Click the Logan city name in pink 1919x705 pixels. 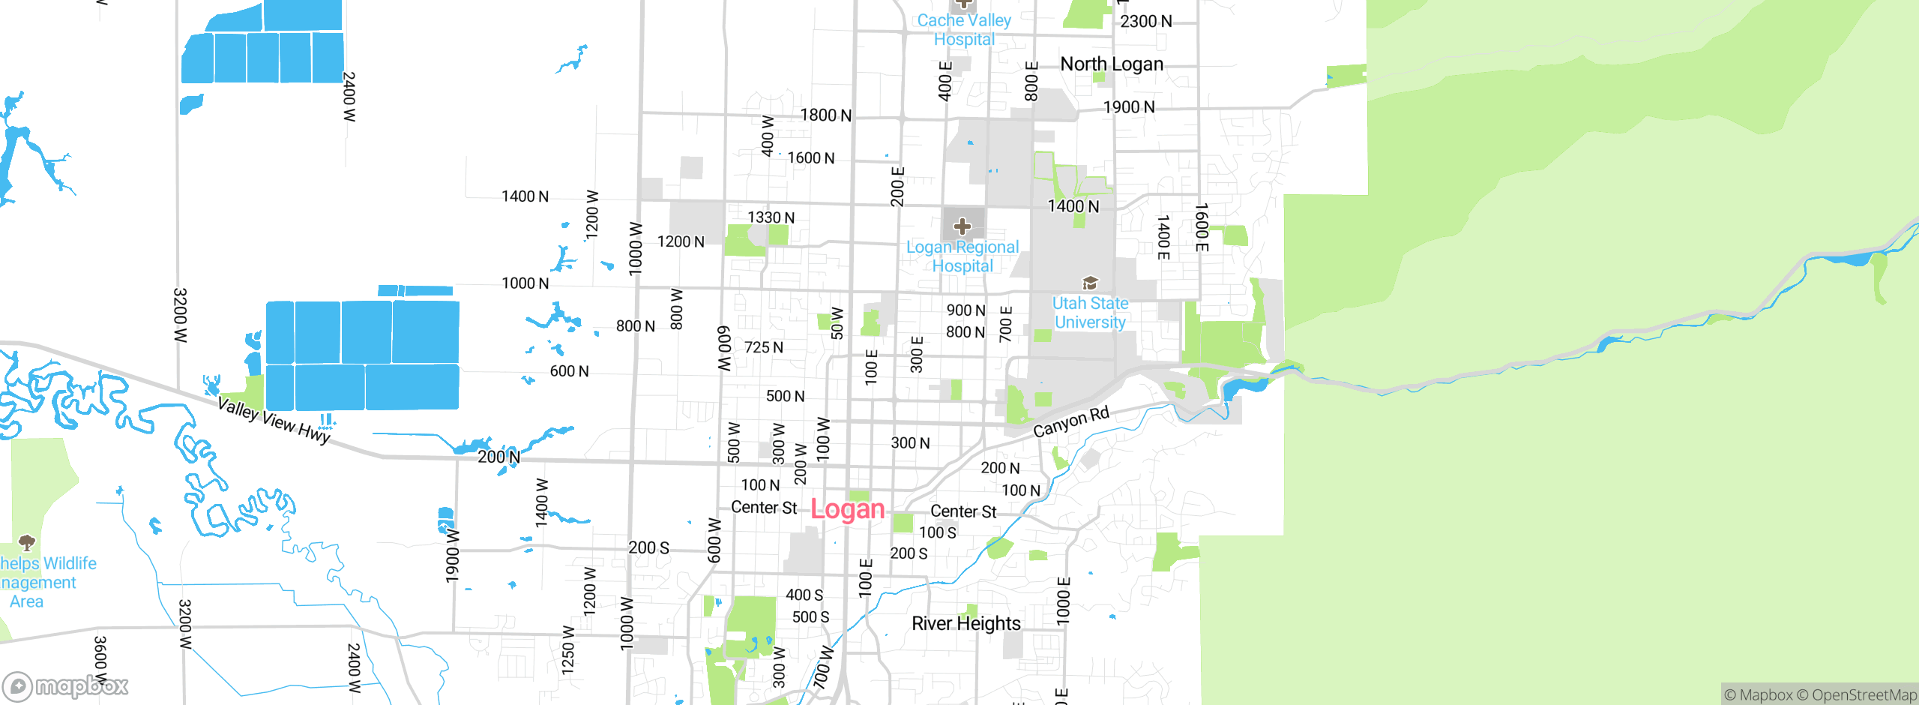(848, 509)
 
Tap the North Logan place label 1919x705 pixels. (1112, 64)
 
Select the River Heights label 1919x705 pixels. (965, 624)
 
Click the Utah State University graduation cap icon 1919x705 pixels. (1090, 283)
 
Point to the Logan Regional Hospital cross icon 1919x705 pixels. (962, 226)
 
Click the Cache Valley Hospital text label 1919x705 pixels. (964, 30)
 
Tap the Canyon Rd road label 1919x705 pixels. (1070, 422)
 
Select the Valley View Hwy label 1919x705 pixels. (274, 421)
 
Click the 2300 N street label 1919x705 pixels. (1145, 22)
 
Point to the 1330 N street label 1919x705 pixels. (771, 217)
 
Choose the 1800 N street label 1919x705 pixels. (825, 115)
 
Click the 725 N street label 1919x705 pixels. (763, 347)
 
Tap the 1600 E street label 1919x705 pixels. (1201, 226)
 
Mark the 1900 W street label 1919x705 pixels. (452, 555)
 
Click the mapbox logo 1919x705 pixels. (65, 685)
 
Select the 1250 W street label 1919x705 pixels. (568, 650)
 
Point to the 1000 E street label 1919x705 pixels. (1063, 600)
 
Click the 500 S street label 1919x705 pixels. (810, 617)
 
